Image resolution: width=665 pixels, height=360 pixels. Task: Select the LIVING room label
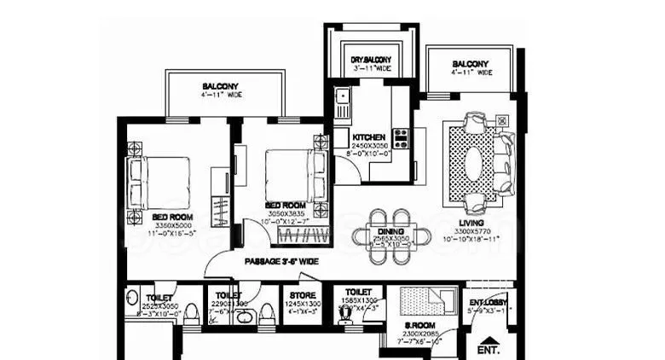click(470, 222)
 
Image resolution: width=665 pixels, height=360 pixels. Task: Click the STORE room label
click(299, 295)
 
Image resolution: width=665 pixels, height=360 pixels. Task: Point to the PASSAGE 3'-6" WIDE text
click(281, 262)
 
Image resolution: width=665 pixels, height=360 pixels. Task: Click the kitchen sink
click(343, 102)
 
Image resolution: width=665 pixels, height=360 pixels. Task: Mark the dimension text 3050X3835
click(285, 215)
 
